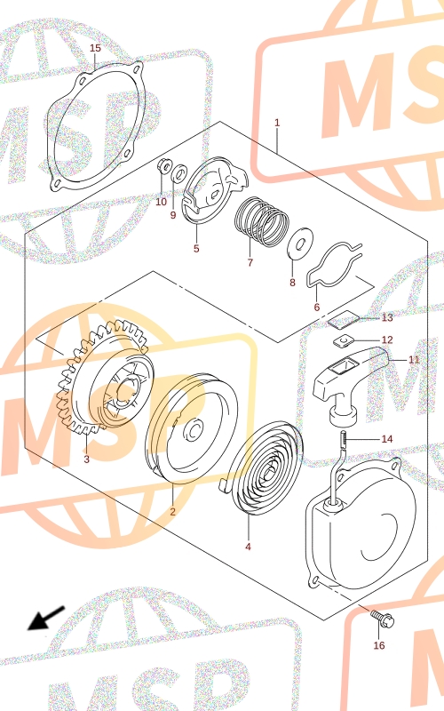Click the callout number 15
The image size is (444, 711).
coord(95,48)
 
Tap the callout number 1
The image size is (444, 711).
coord(277,123)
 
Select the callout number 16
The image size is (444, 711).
coord(379,645)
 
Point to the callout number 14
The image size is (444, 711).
coord(387,439)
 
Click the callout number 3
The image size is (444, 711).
coord(86,459)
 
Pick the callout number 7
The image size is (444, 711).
coord(250,262)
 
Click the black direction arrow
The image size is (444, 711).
coord(47,618)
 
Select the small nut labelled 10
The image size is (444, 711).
coord(164,166)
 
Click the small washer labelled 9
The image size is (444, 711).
coord(180,173)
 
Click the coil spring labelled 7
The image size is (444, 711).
coord(261,221)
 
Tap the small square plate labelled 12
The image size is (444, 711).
coord(344,340)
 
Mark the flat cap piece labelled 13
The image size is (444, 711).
coord(343,319)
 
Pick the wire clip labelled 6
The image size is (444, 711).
coord(335,266)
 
